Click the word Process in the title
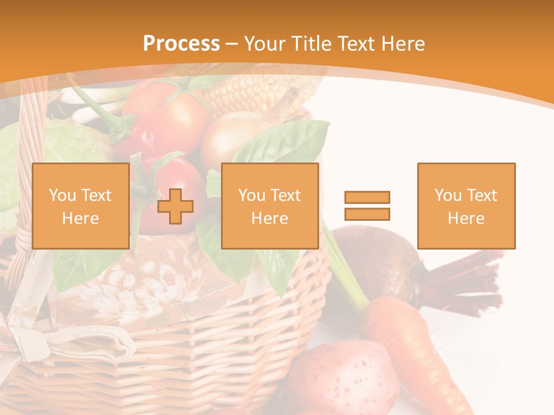[181, 44]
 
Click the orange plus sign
[175, 206]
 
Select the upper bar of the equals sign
[367, 197]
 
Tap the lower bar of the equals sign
[367, 214]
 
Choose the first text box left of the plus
[80, 206]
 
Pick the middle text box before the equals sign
[269, 206]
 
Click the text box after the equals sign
[466, 206]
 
